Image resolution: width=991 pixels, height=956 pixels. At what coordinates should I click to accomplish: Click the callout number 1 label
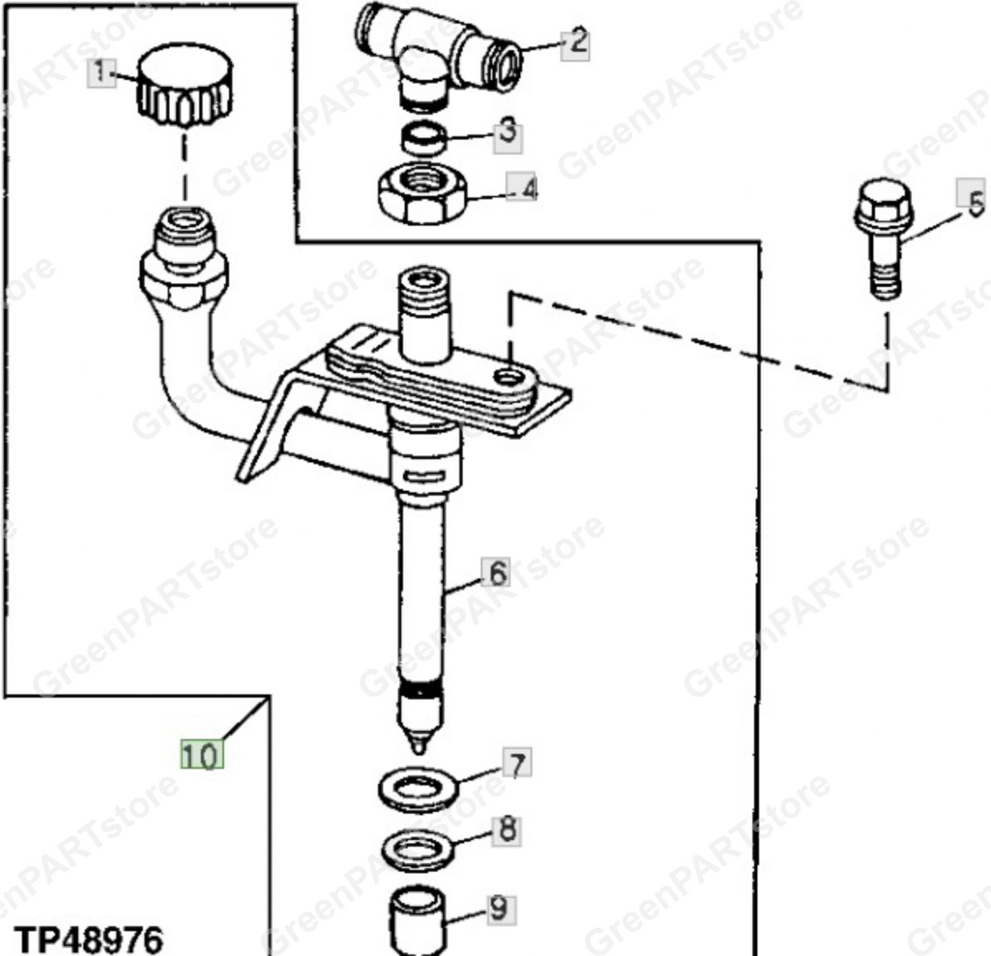pos(100,71)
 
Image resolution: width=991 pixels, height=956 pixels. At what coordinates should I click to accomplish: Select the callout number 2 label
pos(575,43)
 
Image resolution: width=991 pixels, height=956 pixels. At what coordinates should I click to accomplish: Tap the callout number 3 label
pos(508,134)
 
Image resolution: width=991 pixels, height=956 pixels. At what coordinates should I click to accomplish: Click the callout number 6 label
pos(497,572)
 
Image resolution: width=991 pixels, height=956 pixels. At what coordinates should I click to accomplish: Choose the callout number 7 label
pos(517,764)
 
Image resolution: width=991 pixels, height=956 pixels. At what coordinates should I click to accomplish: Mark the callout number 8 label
pos(507,830)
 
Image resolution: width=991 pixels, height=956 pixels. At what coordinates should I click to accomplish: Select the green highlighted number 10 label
pos(202,754)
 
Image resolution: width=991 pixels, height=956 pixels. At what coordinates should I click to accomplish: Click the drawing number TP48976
pos(88,938)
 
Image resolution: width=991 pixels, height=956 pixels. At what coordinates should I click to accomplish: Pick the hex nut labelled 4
pos(422,192)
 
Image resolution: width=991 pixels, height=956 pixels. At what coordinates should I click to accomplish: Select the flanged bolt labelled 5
pos(883,238)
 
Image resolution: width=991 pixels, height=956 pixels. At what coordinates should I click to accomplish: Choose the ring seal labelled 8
pos(418,851)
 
